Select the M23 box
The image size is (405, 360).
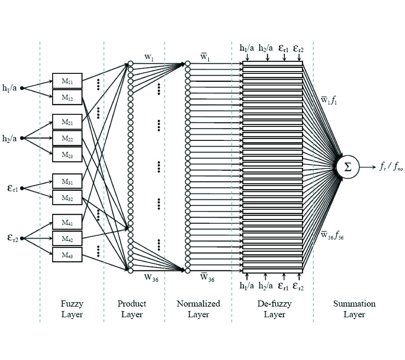coord(67,154)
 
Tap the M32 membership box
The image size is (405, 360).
coord(67,198)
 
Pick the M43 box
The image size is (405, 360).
coord(67,255)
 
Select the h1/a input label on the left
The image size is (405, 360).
coord(10,88)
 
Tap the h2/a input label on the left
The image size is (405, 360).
coord(10,138)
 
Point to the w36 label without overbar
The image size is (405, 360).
coord(151,277)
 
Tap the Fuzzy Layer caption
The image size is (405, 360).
coord(72,309)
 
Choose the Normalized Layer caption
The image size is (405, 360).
coord(198,309)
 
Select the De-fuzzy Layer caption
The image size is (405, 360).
coord(274,309)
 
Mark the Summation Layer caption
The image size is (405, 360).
coord(354,309)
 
